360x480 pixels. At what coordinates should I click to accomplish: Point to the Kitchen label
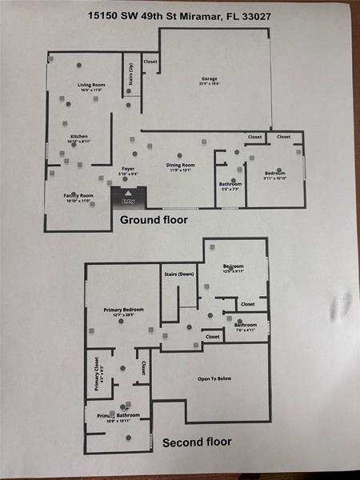[x=78, y=137]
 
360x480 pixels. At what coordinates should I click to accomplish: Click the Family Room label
[x=78, y=195]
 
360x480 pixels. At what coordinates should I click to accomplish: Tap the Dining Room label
[x=180, y=166]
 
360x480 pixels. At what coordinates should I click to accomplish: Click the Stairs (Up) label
[x=131, y=74]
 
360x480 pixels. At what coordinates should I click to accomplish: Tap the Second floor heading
[x=197, y=442]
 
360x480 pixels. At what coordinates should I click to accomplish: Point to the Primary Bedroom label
[x=123, y=309]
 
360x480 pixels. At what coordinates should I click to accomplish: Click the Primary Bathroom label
[x=118, y=416]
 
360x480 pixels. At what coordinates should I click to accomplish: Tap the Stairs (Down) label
[x=179, y=274]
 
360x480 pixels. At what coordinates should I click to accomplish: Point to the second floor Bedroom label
[x=234, y=266]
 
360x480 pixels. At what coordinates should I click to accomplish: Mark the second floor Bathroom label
[x=246, y=325]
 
